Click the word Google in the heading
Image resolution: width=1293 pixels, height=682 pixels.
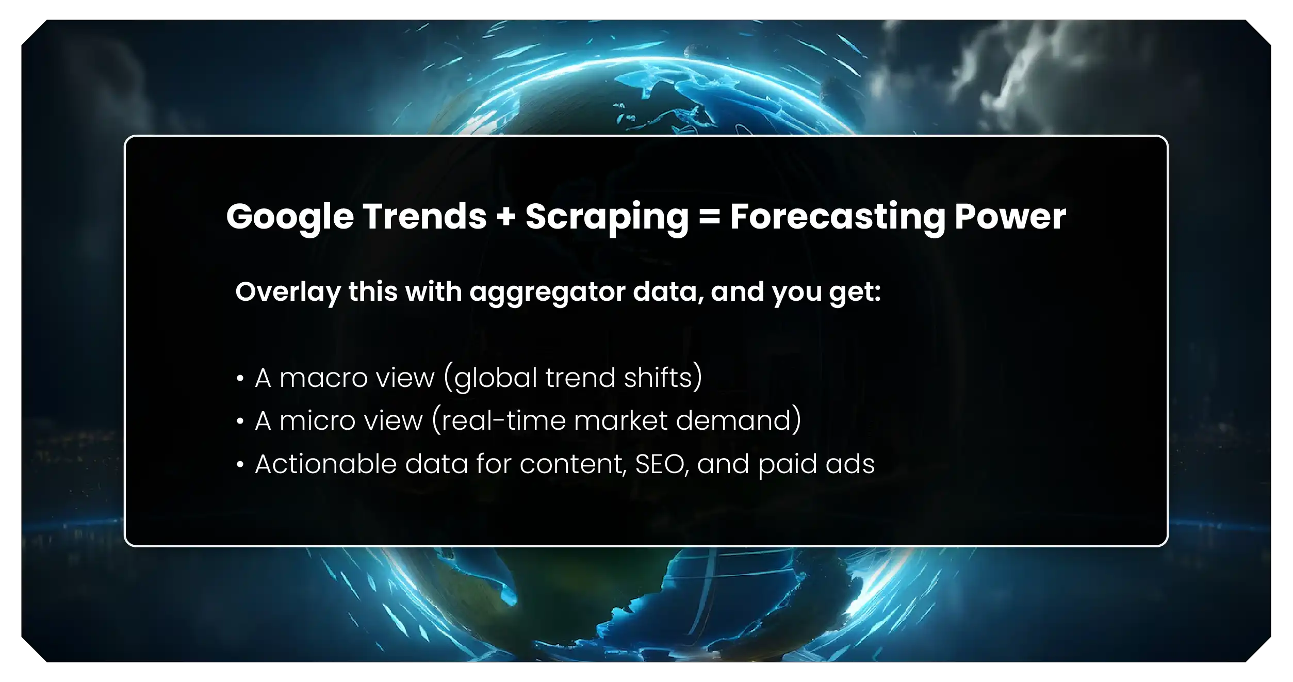290,217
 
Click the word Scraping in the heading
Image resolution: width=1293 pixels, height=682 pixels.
607,217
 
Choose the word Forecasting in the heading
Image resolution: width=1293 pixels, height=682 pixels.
837,217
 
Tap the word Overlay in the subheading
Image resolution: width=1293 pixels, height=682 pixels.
288,292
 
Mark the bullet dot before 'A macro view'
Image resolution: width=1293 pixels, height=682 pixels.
240,379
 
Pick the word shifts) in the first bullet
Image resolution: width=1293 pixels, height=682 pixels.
663,378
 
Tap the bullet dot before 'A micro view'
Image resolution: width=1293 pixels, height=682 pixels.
240,421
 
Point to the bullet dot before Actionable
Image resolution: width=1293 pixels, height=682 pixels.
240,465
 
